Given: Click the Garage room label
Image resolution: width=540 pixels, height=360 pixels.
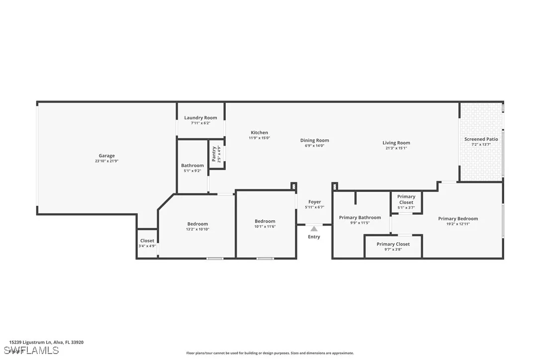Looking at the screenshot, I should pyautogui.click(x=106, y=156).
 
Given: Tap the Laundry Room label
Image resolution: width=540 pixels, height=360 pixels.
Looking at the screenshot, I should pyautogui.click(x=200, y=118).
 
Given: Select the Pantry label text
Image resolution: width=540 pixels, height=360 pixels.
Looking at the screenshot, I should pyautogui.click(x=214, y=154).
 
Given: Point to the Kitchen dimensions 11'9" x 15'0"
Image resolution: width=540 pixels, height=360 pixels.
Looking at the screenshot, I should pyautogui.click(x=259, y=138).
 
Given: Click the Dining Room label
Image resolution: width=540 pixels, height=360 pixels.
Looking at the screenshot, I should pyautogui.click(x=314, y=140).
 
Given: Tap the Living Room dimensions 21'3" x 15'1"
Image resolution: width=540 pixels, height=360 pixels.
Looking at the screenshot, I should pyautogui.click(x=396, y=148).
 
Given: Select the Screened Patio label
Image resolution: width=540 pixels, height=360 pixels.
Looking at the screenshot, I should pyautogui.click(x=481, y=139).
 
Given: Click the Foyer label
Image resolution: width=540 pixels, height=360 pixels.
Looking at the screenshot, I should pyautogui.click(x=314, y=202).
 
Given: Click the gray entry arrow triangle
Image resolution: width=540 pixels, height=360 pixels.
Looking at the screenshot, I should pyautogui.click(x=314, y=229).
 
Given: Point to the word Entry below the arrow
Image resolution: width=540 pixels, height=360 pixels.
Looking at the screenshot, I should pyautogui.click(x=314, y=237).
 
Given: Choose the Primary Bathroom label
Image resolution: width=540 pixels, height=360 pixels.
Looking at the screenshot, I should pyautogui.click(x=360, y=217).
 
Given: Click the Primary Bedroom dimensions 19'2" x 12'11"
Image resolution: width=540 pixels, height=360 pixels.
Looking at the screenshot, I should pyautogui.click(x=457, y=224).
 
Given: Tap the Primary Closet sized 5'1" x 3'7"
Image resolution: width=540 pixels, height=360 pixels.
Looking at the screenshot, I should pyautogui.click(x=406, y=199).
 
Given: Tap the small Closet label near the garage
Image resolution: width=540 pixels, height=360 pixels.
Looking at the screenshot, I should pyautogui.click(x=147, y=241).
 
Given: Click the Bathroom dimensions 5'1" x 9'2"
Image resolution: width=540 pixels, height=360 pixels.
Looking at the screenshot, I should pyautogui.click(x=192, y=171).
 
